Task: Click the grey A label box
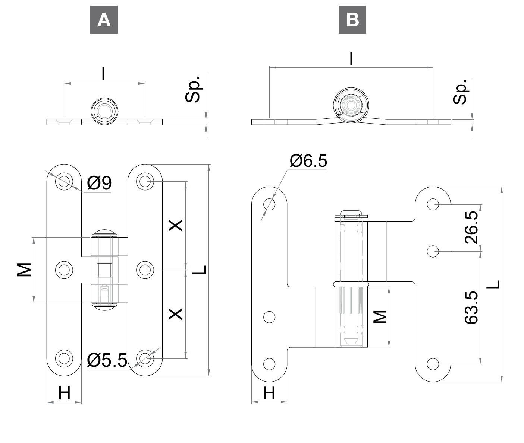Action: tap(104, 20)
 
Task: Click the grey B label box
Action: tap(352, 20)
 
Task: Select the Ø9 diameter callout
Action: tap(100, 183)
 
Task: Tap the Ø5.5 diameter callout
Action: tap(107, 360)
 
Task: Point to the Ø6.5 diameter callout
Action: tap(308, 161)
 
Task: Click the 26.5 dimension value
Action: tap(471, 227)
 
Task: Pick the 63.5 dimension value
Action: tap(471, 307)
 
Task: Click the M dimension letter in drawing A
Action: tap(24, 270)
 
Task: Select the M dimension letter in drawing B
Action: tap(380, 317)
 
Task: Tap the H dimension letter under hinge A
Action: tap(64, 393)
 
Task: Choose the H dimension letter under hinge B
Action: tap(269, 393)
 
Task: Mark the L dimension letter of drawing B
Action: tap(493, 284)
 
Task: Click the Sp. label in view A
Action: tap(193, 89)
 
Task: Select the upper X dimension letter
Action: tap(176, 225)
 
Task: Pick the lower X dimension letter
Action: tap(176, 314)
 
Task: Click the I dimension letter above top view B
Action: tap(351, 59)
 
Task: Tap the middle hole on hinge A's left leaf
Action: tap(64, 270)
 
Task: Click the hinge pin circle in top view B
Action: tap(351, 105)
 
